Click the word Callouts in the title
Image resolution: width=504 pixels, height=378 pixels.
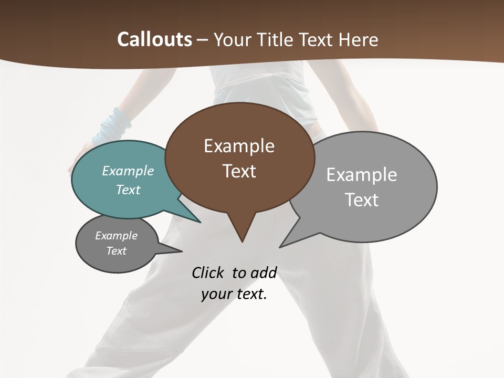point(154,39)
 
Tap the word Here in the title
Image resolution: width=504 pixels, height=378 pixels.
point(359,39)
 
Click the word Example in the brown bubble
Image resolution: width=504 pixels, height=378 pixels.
point(239,146)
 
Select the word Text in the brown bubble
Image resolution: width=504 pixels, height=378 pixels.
point(239,171)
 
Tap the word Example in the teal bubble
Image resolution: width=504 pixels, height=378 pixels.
point(128,171)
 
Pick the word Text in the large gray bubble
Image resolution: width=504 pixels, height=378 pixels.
point(362,200)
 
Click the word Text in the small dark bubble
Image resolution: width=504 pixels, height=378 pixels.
point(116,251)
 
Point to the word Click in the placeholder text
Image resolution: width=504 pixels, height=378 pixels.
point(208,272)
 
